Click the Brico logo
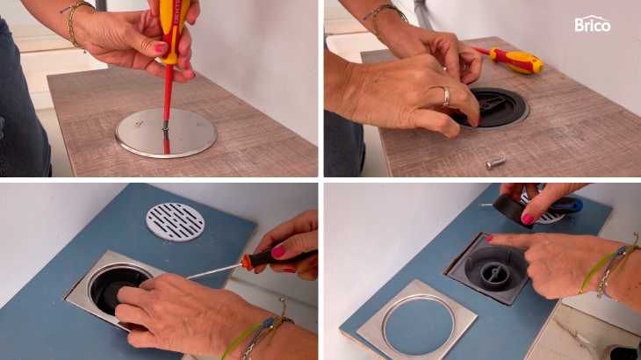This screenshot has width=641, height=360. tap(593, 24)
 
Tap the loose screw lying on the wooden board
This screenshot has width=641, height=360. tap(495, 162)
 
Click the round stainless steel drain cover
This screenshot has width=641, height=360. tap(166, 133)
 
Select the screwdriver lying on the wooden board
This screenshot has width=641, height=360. tap(511, 59)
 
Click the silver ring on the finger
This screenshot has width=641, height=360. tap(445, 96)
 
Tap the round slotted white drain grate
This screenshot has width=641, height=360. tap(176, 221)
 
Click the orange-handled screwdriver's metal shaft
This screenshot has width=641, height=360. tap(213, 271)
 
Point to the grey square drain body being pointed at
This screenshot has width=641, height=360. tap(486, 269)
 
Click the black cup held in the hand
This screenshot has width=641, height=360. tap(512, 210)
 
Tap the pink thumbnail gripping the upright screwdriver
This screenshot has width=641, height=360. tap(161, 48)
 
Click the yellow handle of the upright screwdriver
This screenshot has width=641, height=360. tap(174, 29)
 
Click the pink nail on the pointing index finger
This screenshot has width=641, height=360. tap(488, 239)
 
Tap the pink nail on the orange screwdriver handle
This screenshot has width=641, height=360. tap(278, 252)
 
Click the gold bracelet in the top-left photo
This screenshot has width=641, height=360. tap(75, 23)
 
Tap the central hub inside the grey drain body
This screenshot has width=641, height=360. tap(494, 273)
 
